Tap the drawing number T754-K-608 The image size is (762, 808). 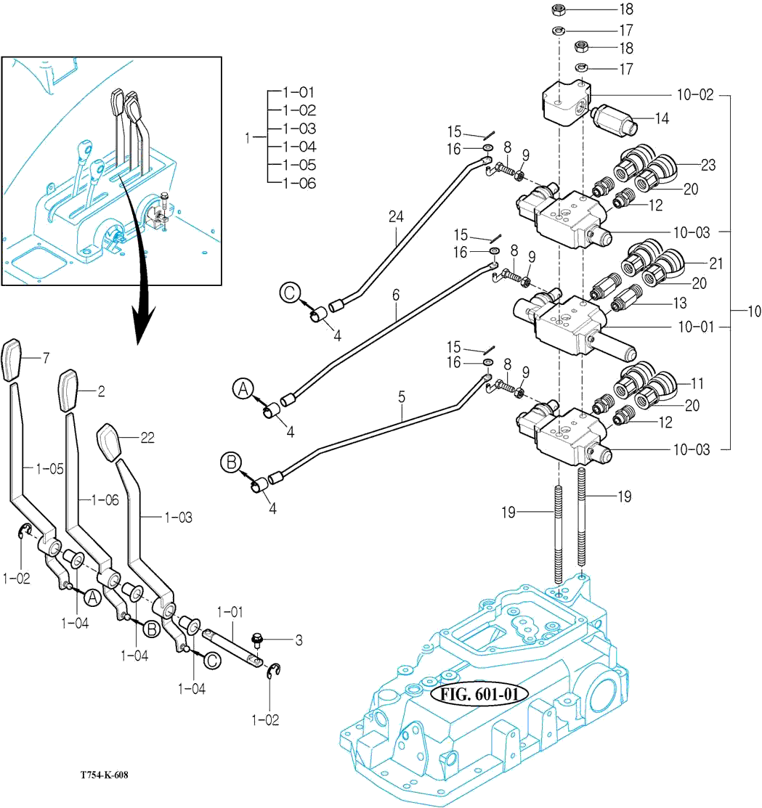tap(105, 775)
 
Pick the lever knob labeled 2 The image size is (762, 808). tap(68, 391)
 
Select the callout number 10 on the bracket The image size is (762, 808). tap(753, 311)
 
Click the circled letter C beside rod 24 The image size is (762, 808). tap(288, 293)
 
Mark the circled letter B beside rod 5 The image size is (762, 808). tap(230, 461)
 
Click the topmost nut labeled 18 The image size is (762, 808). tap(559, 10)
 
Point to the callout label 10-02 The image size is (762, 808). tap(694, 94)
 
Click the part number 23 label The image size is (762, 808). tap(708, 165)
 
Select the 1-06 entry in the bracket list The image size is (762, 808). tap(299, 183)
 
